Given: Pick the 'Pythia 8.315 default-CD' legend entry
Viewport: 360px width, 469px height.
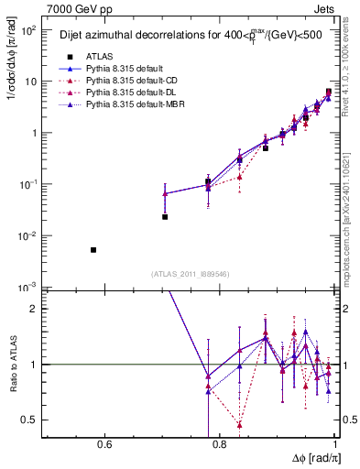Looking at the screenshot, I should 133,82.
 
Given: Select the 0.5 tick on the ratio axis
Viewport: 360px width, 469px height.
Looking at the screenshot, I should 31,420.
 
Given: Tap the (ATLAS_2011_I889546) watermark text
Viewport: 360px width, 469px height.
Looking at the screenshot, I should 190,273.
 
